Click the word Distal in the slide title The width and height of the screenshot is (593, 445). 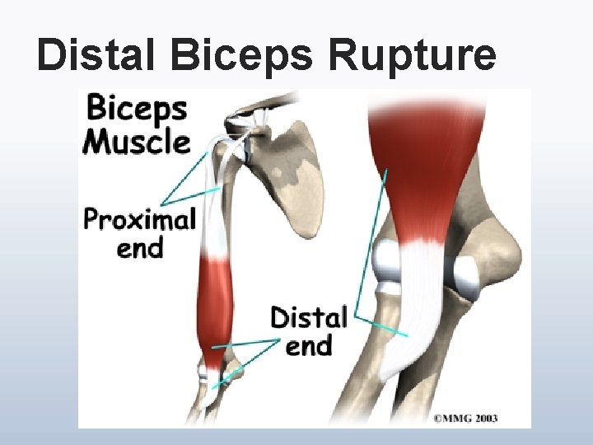coord(99,56)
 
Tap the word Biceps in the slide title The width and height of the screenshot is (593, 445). coord(244,56)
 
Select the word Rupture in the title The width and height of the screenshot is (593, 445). coord(412,56)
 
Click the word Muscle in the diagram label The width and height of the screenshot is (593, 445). coord(137,142)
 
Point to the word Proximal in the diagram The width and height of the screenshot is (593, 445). coord(140,221)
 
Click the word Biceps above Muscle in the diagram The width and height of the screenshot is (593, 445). coord(137,109)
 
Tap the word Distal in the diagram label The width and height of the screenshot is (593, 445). coord(309,317)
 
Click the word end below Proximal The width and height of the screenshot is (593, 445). coord(140,247)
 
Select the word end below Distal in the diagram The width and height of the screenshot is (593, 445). coord(309,344)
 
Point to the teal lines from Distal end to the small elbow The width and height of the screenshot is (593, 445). coord(247,354)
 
